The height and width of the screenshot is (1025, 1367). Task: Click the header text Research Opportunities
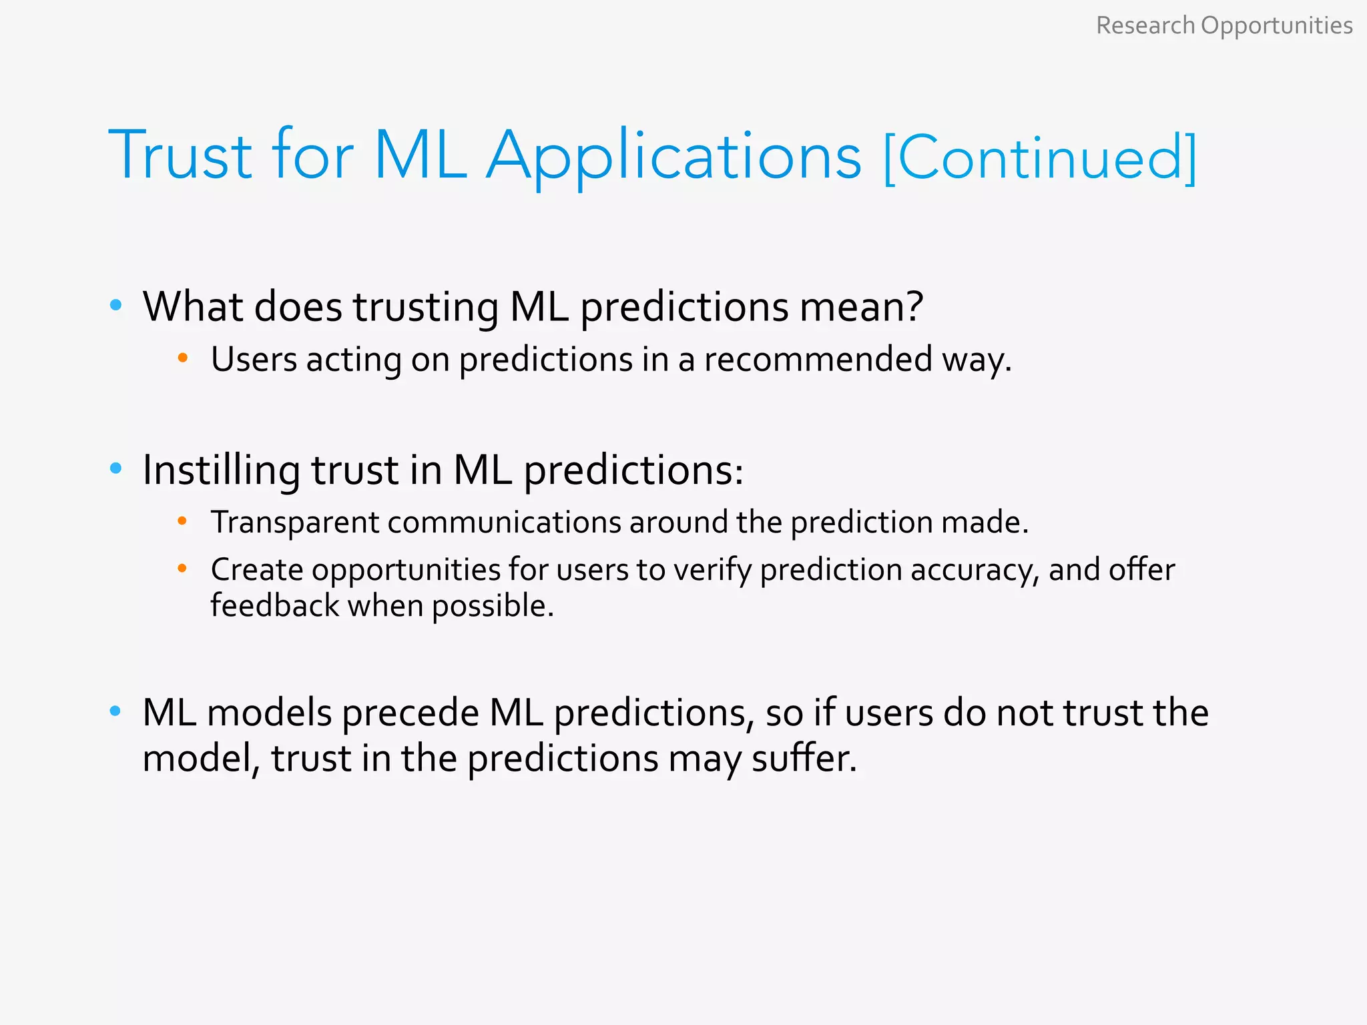pos(1223,25)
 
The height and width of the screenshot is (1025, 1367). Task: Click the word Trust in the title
pos(180,155)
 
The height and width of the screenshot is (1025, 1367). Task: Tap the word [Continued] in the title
pos(1039,157)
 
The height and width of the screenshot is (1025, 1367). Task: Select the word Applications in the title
pos(673,157)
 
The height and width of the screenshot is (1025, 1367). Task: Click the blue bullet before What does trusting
pos(116,306)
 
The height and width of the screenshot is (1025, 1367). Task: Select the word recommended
pos(818,359)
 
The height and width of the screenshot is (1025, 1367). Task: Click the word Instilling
pos(221,470)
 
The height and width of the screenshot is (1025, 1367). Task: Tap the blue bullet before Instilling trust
pos(116,468)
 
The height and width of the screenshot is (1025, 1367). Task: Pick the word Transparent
pos(295,522)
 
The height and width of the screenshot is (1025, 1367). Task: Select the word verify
pos(712,571)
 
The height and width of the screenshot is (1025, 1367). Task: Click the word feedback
pos(275,606)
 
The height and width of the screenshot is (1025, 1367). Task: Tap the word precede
pos(411,713)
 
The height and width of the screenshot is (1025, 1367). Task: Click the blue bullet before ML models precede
pos(116,711)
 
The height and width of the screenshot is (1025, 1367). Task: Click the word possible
pos(492,607)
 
